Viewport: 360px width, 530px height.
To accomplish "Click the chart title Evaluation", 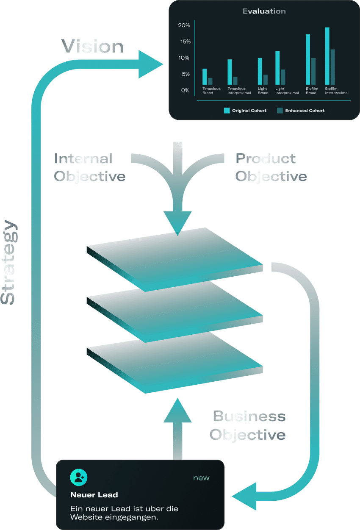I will [264, 11].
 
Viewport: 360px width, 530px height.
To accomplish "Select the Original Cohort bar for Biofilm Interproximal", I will [327, 56].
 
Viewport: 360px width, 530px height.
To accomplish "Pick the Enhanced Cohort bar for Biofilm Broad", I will [313, 71].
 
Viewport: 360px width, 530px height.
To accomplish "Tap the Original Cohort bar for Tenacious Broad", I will [205, 77].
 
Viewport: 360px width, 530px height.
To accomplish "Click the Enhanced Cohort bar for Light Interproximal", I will [283, 77].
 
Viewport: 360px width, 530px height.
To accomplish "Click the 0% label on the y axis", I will [186, 90].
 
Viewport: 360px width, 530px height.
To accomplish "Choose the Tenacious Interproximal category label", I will [239, 91].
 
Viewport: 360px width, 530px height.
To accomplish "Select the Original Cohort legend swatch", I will [227, 111].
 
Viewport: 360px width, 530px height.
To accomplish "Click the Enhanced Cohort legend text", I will [305, 111].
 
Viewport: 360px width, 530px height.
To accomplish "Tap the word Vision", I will [93, 47].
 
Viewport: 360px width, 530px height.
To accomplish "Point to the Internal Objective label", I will [89, 167].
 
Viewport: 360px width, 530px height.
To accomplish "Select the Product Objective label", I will [271, 167].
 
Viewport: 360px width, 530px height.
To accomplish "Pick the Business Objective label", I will [248, 425].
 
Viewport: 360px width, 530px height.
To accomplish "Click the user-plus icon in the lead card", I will [79, 477].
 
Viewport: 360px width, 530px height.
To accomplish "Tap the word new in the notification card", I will [201, 478].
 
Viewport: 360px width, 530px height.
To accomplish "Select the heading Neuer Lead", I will [94, 494].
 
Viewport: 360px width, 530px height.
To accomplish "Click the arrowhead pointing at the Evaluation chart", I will [150, 64].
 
